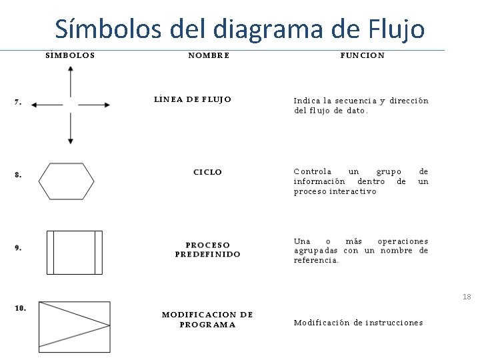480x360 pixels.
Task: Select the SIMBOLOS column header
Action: (70, 55)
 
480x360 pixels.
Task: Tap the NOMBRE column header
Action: (209, 55)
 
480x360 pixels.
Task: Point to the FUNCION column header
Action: (362, 55)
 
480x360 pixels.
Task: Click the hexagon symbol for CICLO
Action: (66, 181)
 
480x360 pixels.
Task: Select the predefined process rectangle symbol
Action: (74, 252)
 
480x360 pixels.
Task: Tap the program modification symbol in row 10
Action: (74, 327)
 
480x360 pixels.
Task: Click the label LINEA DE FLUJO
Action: (193, 99)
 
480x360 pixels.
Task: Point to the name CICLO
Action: (208, 172)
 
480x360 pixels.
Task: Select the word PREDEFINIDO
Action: (208, 254)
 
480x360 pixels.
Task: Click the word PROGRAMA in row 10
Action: (207, 325)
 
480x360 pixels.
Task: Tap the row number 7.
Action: (18, 102)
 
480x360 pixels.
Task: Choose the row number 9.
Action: (18, 247)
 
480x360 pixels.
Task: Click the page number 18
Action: (467, 296)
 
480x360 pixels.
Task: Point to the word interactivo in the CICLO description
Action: (353, 191)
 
